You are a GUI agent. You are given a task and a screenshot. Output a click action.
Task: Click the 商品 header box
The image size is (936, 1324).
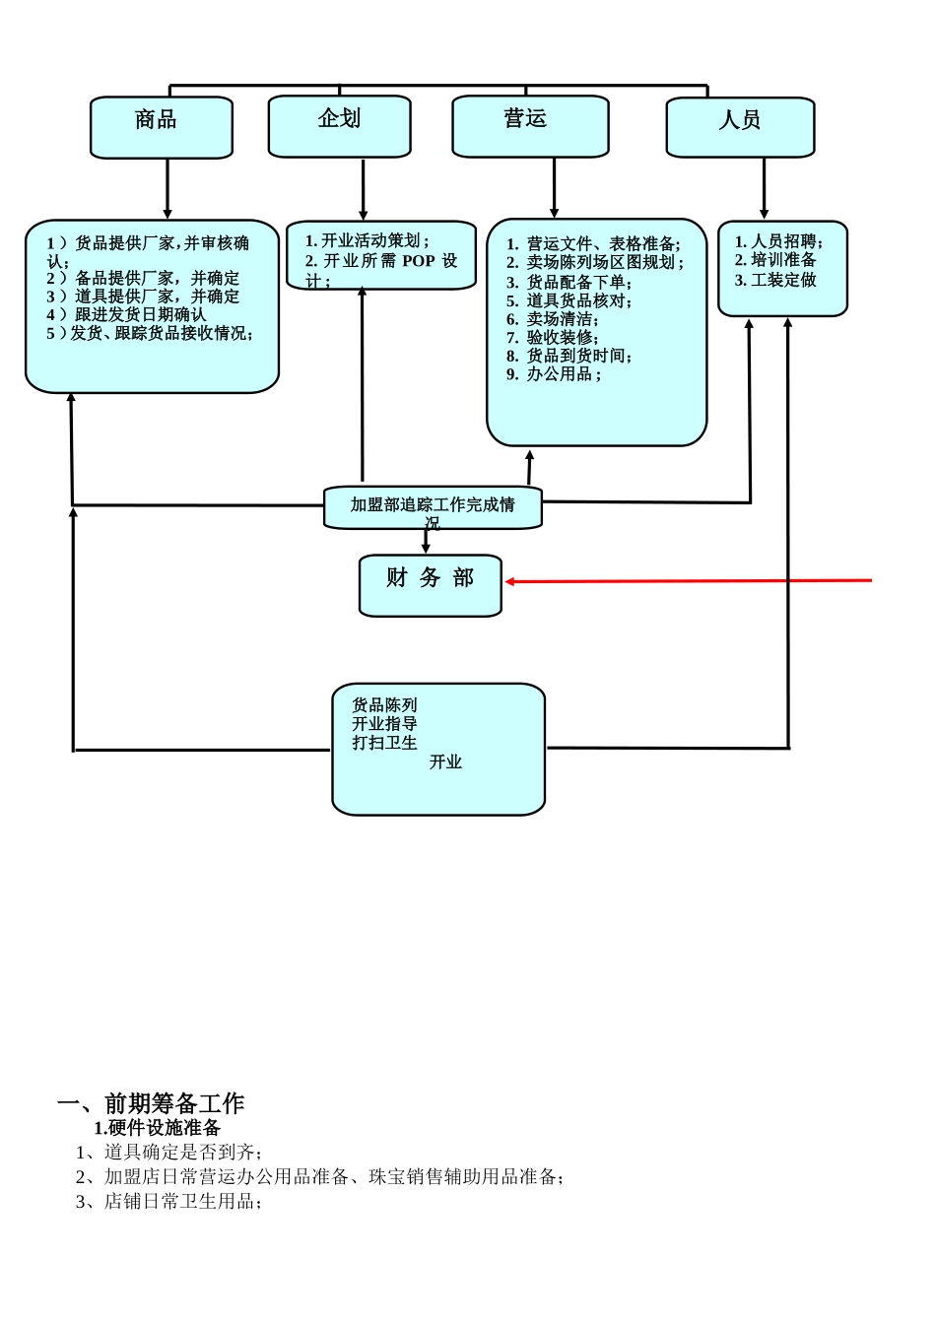pyautogui.click(x=162, y=127)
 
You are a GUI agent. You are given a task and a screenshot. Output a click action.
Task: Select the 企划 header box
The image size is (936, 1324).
pyautogui.click(x=340, y=126)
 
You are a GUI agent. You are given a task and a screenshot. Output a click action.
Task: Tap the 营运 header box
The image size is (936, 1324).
pyautogui.click(x=530, y=126)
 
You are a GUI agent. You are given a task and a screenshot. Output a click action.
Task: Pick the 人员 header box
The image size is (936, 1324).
pyautogui.click(x=740, y=127)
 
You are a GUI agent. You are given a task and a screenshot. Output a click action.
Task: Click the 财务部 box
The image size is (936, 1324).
pyautogui.click(x=431, y=585)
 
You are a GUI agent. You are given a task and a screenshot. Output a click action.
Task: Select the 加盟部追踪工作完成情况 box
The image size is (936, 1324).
pyautogui.click(x=433, y=506)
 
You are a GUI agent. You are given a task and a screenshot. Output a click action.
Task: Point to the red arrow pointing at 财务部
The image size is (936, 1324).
pyautogui.click(x=690, y=581)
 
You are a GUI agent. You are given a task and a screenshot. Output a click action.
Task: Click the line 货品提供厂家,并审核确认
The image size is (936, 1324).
pyautogui.click(x=148, y=251)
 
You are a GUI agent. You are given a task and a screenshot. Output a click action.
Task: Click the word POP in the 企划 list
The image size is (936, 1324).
pyautogui.click(x=418, y=261)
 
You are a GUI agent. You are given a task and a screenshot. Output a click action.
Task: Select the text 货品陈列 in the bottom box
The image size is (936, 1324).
pyautogui.click(x=384, y=705)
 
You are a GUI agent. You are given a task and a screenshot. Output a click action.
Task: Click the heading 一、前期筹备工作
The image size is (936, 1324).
pyautogui.click(x=151, y=1103)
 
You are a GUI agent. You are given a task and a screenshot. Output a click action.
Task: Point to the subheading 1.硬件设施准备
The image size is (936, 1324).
pyautogui.click(x=158, y=1128)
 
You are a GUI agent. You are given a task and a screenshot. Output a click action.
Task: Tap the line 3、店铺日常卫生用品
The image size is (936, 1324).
pyautogui.click(x=169, y=1202)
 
